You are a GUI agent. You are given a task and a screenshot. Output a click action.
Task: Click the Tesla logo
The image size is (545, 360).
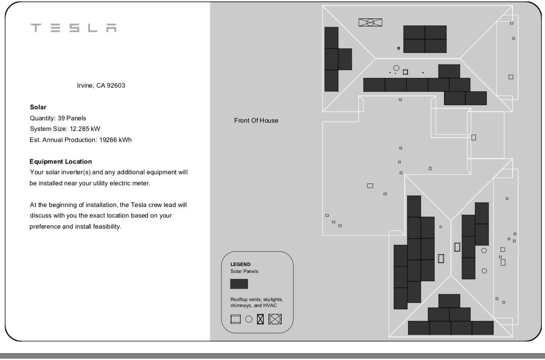(x=73, y=28)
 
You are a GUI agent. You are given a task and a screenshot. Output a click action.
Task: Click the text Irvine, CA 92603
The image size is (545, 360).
(x=101, y=86)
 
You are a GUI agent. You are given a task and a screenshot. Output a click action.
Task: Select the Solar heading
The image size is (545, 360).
(x=38, y=107)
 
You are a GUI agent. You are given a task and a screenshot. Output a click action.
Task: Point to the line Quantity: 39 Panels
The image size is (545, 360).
(x=58, y=118)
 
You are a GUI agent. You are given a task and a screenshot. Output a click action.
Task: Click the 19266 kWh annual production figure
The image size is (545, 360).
(x=115, y=140)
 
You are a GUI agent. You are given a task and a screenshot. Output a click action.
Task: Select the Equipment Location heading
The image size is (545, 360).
(x=60, y=161)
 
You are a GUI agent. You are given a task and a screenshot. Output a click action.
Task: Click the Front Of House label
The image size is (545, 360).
(x=256, y=121)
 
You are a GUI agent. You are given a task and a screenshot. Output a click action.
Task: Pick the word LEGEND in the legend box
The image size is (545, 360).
(x=240, y=265)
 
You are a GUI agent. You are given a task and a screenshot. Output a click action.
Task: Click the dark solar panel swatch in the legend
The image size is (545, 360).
(x=239, y=284)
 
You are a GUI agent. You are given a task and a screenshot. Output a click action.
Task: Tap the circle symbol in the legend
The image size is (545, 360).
(x=249, y=319)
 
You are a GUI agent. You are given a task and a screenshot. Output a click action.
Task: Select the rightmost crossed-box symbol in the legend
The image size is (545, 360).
(x=275, y=319)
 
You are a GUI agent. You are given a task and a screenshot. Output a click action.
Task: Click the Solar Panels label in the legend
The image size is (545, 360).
(x=244, y=271)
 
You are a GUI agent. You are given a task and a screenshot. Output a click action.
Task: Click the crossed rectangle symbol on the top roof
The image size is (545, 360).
(x=370, y=22)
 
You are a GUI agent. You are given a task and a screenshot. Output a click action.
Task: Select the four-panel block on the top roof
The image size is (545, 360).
(x=425, y=39)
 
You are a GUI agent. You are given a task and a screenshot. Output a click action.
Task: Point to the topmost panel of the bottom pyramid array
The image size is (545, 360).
(x=449, y=301)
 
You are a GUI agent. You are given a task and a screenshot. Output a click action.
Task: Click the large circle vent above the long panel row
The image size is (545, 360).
(x=396, y=68)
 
